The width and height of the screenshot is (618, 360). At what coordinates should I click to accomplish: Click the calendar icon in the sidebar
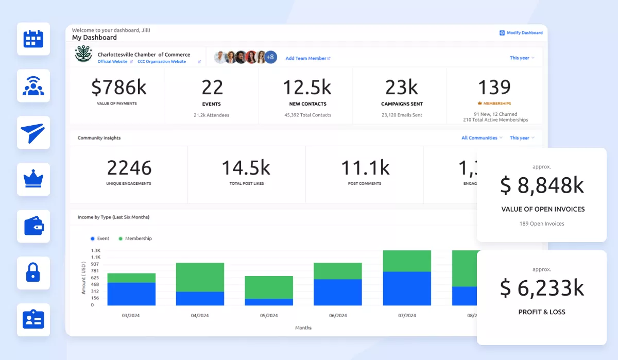point(33,39)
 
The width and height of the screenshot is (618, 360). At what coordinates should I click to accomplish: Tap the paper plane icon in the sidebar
point(33,133)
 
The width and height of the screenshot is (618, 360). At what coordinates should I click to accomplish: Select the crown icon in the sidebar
point(33,180)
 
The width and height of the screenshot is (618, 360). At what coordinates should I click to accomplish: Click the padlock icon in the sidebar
point(33,273)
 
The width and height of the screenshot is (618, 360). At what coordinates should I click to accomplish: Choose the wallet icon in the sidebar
point(33,227)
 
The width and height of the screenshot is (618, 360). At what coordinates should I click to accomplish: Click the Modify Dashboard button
point(521,33)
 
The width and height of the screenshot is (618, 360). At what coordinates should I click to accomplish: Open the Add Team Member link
point(307,59)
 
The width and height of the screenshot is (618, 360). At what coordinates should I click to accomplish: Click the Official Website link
point(112,62)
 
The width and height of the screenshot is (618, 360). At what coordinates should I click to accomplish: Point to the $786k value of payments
point(118,88)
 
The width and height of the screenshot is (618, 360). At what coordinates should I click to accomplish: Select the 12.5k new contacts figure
point(307,88)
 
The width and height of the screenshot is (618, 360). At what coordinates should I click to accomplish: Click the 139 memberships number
point(494,88)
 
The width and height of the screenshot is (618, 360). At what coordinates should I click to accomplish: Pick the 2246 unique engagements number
point(129,168)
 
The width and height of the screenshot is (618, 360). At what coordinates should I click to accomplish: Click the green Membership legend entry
point(135,239)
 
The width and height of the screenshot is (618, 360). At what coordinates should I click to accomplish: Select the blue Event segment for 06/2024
point(337,293)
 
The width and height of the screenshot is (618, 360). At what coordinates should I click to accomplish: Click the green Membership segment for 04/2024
point(200,277)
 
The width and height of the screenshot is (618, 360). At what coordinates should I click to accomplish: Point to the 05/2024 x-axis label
point(268,316)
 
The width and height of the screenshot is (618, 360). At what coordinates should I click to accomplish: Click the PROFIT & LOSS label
point(542,312)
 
